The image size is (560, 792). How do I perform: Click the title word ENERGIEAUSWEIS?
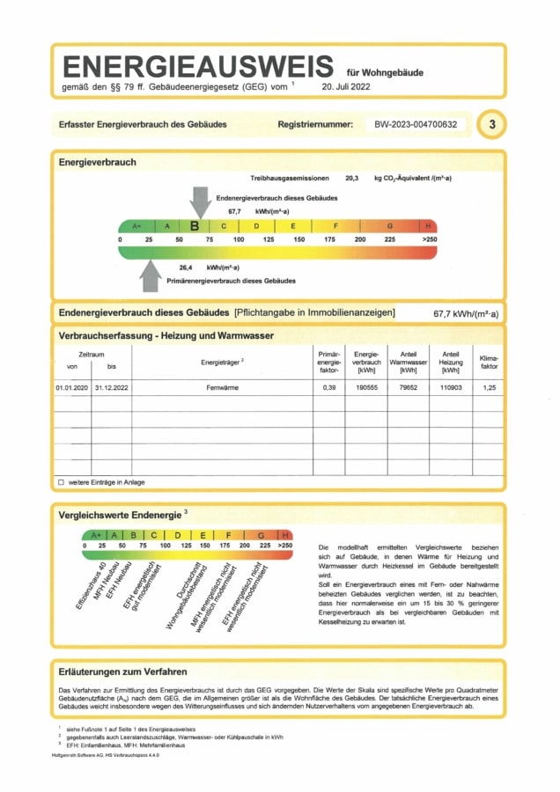pos(198,67)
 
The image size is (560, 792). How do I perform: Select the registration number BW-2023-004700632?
pos(416,125)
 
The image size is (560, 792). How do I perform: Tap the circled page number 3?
pos(492,125)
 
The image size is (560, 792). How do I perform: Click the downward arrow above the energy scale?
pos(201,202)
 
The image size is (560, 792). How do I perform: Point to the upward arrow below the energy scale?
pos(151,276)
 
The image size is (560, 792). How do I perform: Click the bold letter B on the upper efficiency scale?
pos(195,225)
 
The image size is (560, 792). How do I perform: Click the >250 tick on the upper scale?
pos(429,239)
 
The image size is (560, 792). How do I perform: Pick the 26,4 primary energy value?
pos(186,267)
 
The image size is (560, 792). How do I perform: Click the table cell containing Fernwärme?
pos(223,387)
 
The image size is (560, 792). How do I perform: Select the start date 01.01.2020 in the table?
pos(72,387)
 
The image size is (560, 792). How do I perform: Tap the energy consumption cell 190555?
pos(365,387)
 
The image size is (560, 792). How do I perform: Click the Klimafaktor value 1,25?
pos(488,387)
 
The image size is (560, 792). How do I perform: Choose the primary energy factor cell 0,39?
pos(329,387)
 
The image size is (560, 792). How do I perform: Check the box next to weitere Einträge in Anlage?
pos(61,482)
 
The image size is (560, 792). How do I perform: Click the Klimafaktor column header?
pos(488,362)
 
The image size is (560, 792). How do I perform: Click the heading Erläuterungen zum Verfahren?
pos(122,671)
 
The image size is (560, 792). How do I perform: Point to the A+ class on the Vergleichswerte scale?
pos(97,534)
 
